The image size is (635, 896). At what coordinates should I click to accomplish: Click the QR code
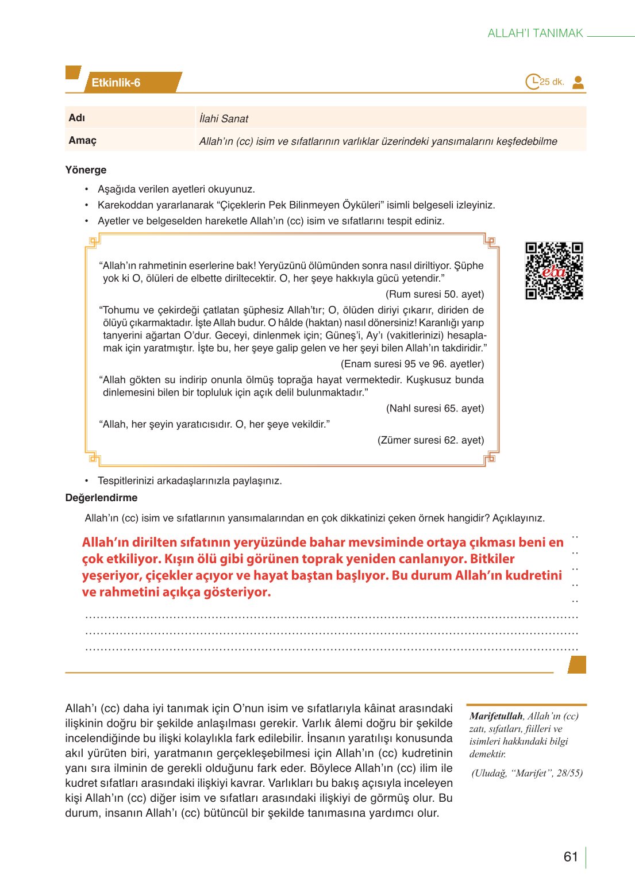[x=554, y=271]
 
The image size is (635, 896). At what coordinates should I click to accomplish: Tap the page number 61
[x=571, y=857]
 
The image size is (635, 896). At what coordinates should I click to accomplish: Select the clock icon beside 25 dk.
[x=533, y=82]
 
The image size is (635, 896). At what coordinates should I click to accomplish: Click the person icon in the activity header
[x=578, y=82]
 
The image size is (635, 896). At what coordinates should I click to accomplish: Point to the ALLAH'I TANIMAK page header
[x=535, y=33]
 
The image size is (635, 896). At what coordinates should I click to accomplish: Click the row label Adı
[x=77, y=118]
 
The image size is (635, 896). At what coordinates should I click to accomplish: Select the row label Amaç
[x=83, y=140]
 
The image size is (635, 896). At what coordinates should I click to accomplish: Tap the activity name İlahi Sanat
[x=224, y=119]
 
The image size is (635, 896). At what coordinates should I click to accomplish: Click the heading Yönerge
[x=86, y=170]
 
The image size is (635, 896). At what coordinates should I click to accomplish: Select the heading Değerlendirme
[x=101, y=498]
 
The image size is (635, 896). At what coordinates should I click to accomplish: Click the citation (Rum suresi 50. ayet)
[x=434, y=294]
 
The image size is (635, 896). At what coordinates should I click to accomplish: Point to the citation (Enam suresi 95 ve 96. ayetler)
[x=412, y=364]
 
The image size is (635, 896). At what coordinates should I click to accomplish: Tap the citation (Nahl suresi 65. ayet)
[x=434, y=409]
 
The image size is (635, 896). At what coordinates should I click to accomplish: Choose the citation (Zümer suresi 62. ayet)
[x=430, y=440]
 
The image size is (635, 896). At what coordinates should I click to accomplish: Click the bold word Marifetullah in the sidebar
[x=496, y=716]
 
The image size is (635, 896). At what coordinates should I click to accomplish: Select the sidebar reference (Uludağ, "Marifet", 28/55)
[x=527, y=773]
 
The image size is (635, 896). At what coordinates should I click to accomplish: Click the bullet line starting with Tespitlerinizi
[x=190, y=481]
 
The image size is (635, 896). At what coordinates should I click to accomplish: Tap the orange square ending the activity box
[x=577, y=665]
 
